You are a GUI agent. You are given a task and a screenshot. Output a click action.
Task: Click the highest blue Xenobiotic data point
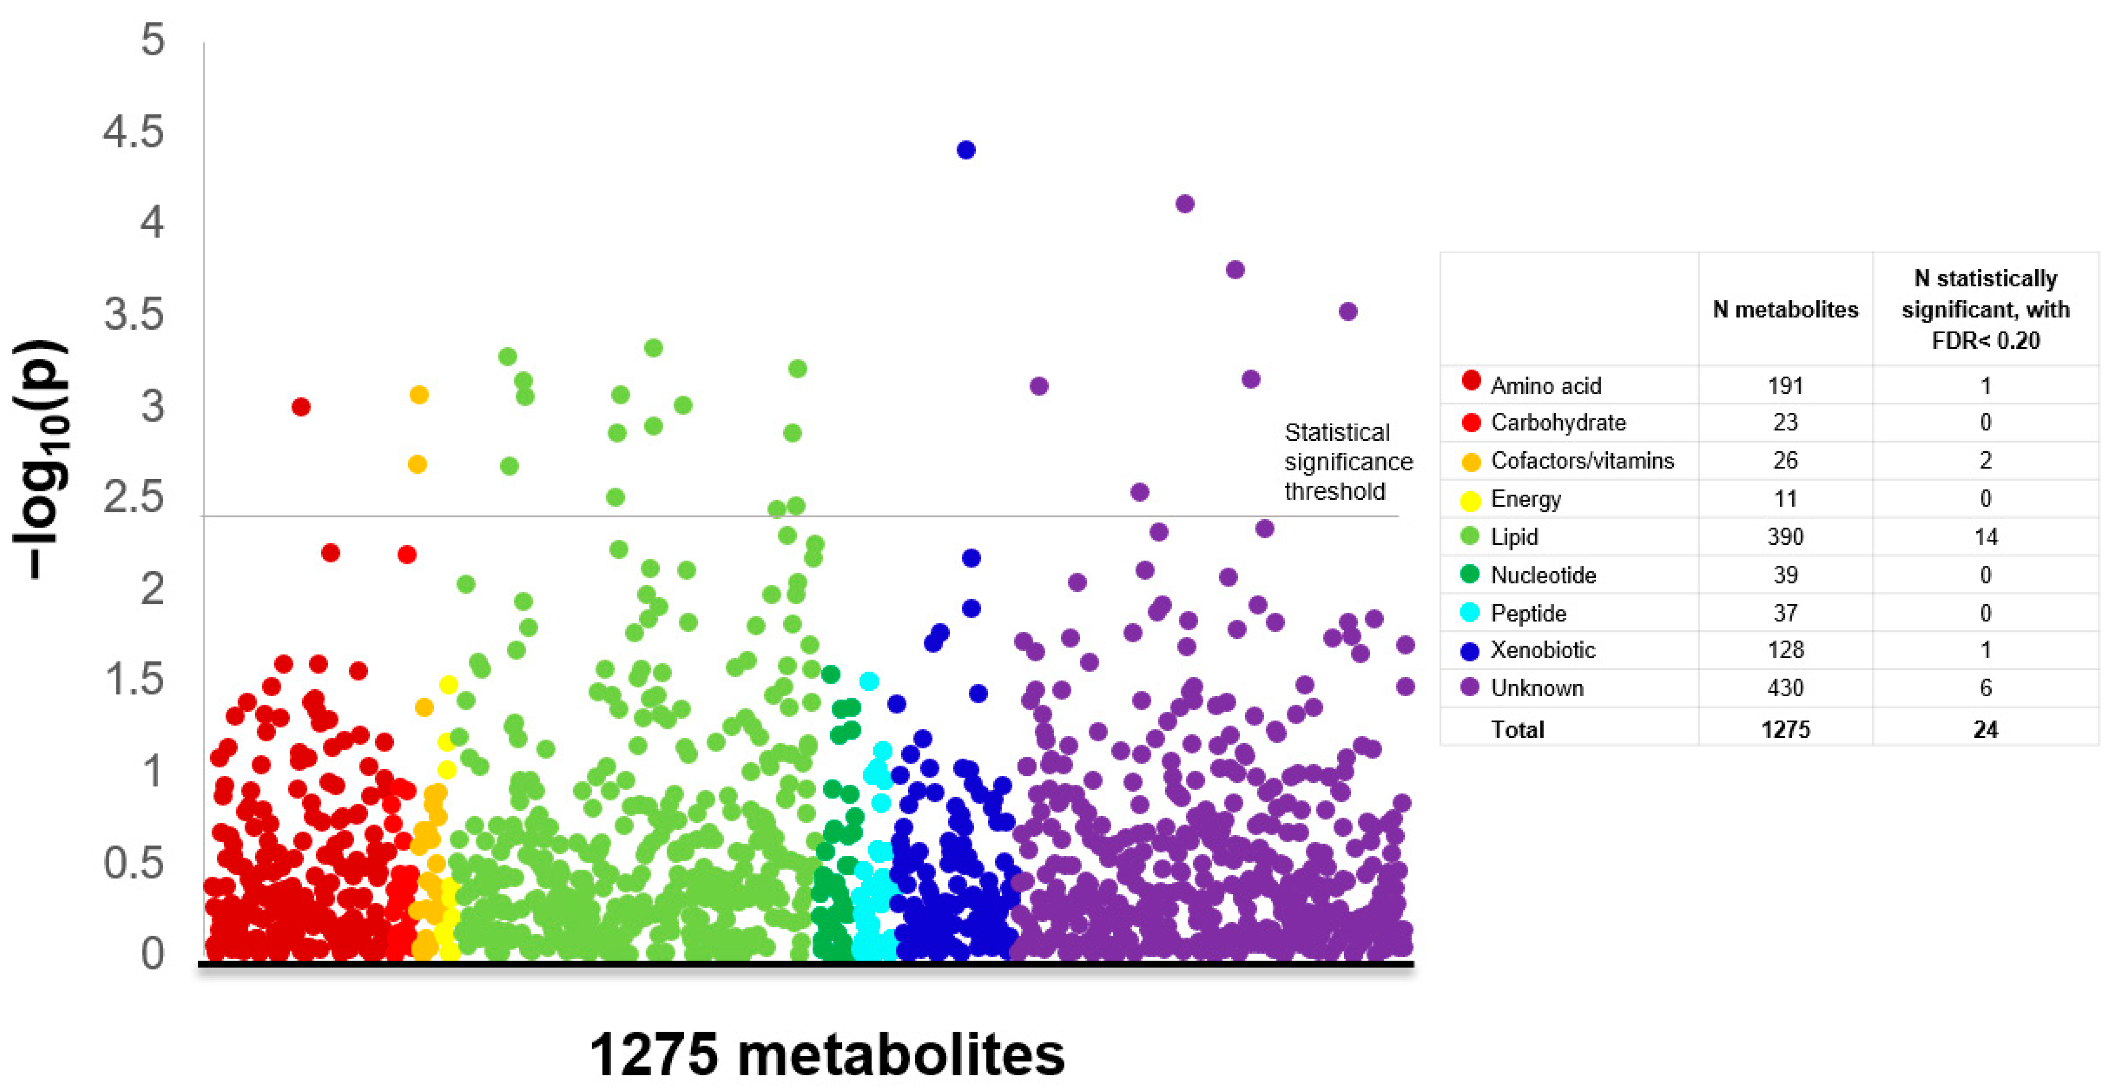click(966, 150)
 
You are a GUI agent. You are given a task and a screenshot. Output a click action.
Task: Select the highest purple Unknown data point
click(1184, 203)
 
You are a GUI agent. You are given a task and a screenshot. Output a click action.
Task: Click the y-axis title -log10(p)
click(41, 460)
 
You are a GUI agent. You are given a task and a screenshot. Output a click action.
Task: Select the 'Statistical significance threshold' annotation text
click(1348, 462)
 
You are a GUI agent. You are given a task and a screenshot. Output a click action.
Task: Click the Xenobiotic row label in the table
click(1542, 651)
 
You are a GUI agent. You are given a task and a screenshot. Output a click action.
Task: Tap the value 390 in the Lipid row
click(1785, 537)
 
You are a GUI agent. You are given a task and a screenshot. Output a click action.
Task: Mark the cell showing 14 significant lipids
click(1985, 537)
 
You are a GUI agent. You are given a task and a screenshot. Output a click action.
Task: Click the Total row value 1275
click(1785, 729)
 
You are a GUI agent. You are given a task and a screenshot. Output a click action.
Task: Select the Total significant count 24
click(1985, 729)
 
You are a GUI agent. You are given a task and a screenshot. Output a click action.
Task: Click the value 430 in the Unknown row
click(1785, 688)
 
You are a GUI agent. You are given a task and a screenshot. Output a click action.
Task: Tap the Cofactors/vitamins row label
click(1582, 461)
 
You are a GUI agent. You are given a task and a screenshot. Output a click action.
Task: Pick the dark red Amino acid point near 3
click(301, 407)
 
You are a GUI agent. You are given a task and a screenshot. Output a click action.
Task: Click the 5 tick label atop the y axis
click(152, 40)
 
